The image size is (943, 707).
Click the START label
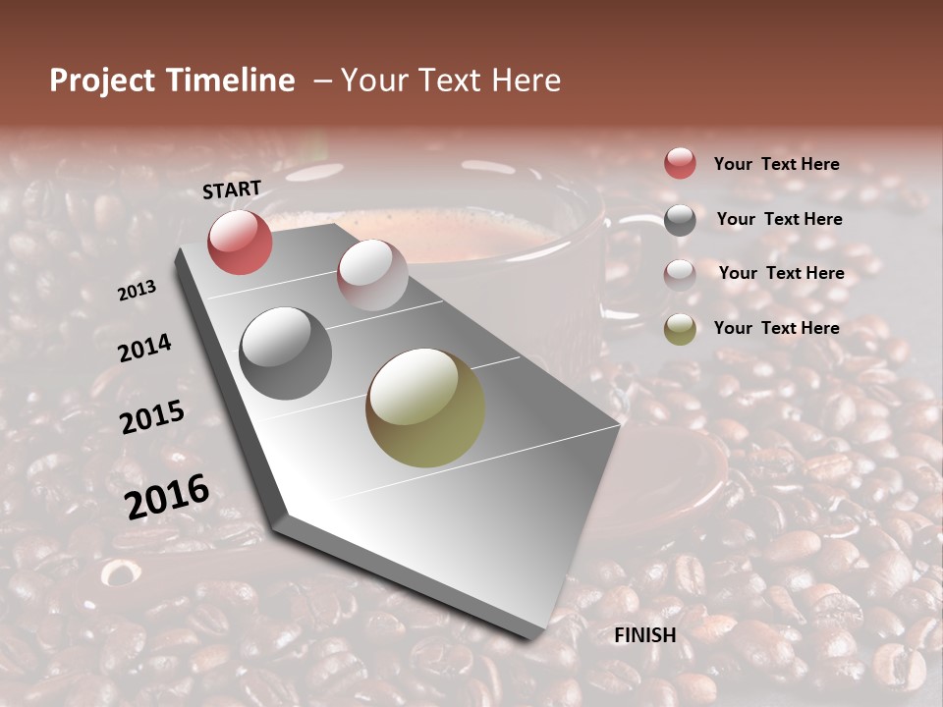232,190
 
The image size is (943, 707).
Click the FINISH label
645,635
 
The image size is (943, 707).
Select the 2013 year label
137,291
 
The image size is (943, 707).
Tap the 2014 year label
144,349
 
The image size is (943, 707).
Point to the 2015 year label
152,417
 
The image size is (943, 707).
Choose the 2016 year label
167,496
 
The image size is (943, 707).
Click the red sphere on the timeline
240,242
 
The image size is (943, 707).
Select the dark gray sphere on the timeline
286,353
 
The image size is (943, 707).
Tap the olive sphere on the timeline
425,408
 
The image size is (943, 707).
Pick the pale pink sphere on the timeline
372,275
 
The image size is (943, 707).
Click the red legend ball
680,164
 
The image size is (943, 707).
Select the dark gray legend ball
680,220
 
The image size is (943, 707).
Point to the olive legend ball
680,329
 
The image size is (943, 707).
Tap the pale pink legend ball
680,274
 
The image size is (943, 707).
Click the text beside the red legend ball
776,164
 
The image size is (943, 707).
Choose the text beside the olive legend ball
776,328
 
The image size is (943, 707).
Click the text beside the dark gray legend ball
779,219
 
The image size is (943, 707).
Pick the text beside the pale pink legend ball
781,273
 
